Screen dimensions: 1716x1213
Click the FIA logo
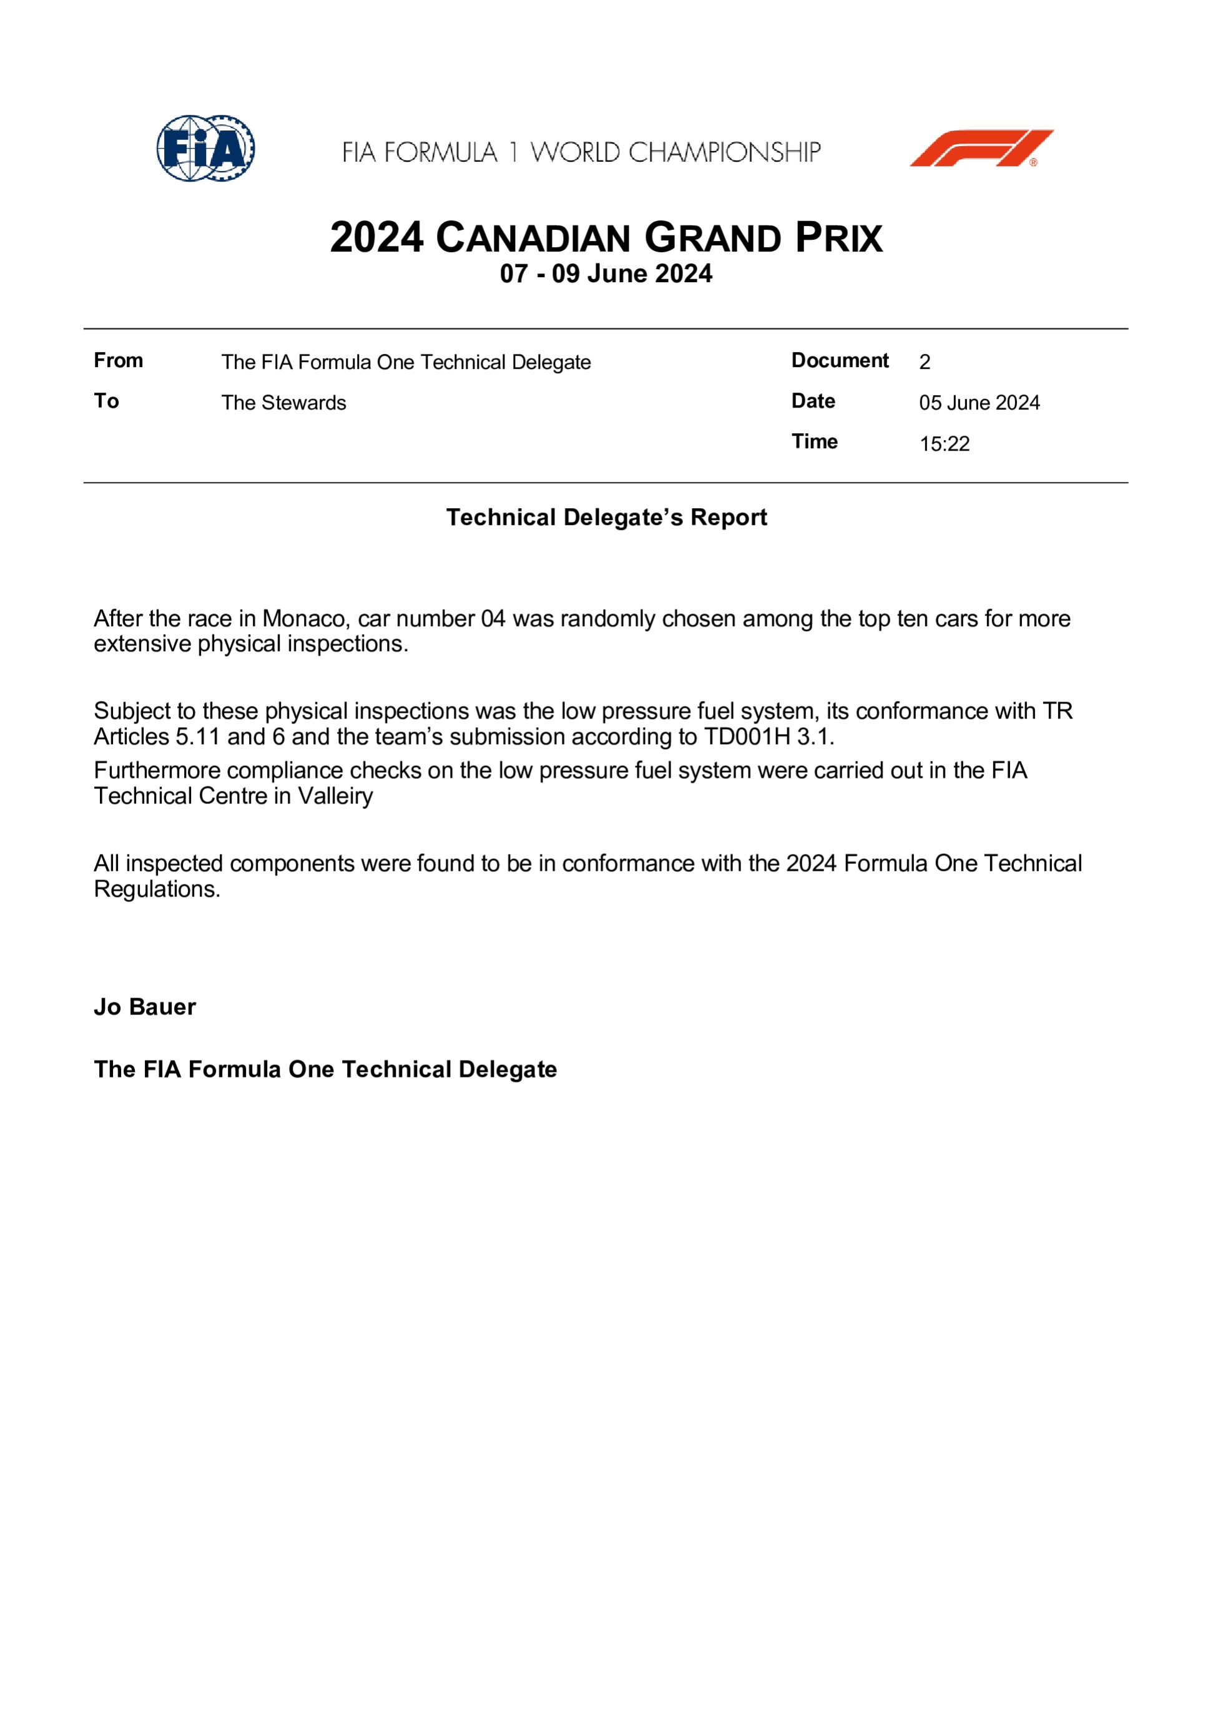(205, 148)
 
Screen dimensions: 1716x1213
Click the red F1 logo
(981, 148)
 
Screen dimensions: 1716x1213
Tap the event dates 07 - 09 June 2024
(606, 273)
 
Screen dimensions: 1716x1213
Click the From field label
(118, 360)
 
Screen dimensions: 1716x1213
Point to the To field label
(106, 401)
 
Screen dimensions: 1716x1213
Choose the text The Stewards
(283, 403)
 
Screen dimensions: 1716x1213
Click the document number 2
(925, 361)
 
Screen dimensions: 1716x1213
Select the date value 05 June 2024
(979, 403)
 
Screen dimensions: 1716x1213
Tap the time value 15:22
(944, 444)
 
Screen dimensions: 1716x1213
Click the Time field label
(814, 442)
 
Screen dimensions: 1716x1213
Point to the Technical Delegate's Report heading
(606, 517)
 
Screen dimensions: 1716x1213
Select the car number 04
(493, 619)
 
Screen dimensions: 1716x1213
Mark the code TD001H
(747, 737)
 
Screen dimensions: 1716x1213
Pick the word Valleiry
(336, 796)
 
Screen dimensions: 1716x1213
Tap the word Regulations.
(157, 890)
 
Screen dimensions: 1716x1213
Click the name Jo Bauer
(145, 1007)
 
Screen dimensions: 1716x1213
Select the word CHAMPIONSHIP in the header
(724, 152)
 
